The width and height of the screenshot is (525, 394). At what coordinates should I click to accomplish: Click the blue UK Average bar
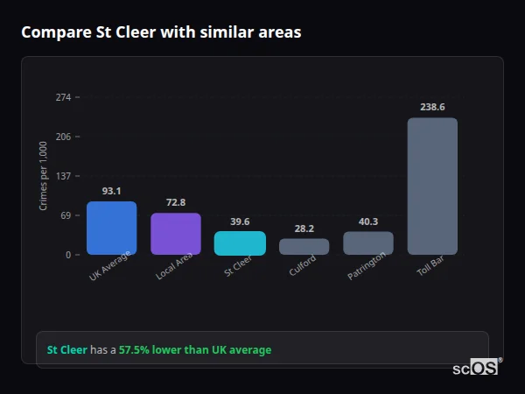[111, 229]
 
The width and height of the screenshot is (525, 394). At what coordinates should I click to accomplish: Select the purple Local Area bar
[176, 234]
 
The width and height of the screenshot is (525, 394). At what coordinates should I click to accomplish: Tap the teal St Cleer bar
[240, 243]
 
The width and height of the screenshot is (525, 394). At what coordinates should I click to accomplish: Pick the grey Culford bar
[304, 247]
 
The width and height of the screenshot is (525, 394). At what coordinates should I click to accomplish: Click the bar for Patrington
[368, 243]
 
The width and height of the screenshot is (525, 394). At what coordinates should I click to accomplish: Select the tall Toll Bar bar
[432, 186]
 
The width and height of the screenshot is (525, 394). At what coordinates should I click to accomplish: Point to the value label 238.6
[432, 107]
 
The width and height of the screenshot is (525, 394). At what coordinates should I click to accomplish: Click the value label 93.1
[111, 191]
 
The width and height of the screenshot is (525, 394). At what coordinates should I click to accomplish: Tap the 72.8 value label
[176, 202]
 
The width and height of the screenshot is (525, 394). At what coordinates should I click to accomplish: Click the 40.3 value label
[368, 222]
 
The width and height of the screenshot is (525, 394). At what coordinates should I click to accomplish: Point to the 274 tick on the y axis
[63, 97]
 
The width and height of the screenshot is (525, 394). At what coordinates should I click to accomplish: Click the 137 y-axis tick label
[63, 176]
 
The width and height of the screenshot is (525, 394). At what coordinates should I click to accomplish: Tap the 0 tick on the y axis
[67, 255]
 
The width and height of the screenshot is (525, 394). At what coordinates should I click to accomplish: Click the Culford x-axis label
[303, 266]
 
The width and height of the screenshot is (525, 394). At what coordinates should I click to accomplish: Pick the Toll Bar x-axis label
[430, 267]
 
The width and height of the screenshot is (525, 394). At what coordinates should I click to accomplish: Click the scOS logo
[476, 368]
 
